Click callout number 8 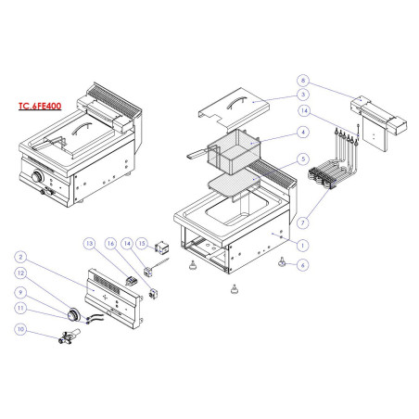pyautogui.click(x=302, y=82)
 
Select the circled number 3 pyautogui.click(x=302, y=95)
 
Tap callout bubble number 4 pyautogui.click(x=302, y=133)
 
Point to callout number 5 pyautogui.click(x=302, y=159)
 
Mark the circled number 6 pyautogui.click(x=302, y=264)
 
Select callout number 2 pyautogui.click(x=20, y=258)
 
